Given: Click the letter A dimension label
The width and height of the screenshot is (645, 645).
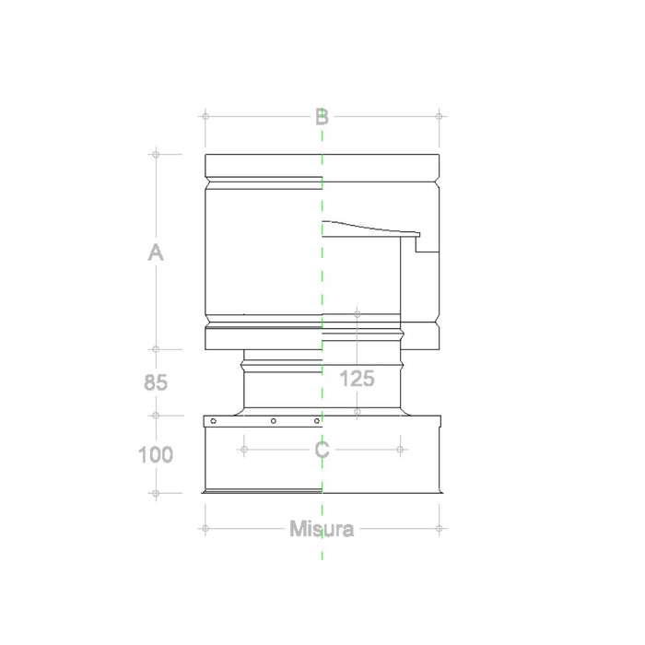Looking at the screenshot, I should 156,252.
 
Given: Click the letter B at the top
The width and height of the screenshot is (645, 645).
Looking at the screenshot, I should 322,117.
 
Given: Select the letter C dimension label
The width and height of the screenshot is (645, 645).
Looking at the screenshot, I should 322,451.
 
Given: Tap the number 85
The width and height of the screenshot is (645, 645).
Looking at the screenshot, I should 156,382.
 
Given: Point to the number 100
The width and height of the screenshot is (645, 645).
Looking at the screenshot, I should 156,454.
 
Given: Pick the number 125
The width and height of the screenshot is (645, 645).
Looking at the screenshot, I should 357,378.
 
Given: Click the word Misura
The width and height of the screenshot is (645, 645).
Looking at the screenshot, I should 322,529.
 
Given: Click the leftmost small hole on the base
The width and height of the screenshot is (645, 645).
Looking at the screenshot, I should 214,421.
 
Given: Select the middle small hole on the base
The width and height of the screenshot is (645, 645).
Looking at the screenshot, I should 274,421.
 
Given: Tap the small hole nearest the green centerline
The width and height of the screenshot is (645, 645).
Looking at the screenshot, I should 316,421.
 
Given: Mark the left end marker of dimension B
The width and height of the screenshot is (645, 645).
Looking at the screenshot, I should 205,116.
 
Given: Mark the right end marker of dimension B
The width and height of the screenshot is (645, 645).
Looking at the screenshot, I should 440,116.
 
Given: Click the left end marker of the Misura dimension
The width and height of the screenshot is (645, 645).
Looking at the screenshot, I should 205,529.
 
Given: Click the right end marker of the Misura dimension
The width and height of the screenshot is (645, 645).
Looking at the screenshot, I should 440,529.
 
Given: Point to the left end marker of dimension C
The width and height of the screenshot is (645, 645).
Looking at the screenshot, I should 243,450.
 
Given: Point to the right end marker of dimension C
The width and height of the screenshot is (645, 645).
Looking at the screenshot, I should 400,450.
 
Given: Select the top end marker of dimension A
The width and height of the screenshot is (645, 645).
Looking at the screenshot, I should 156,154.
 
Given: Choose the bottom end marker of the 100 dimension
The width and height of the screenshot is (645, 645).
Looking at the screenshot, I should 156,493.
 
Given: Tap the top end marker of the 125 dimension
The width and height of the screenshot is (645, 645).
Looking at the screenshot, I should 357,314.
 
